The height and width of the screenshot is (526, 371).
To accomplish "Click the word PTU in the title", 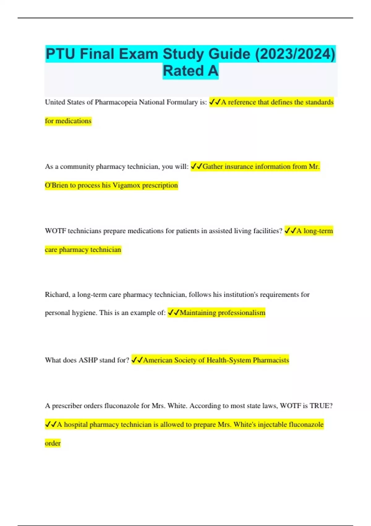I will pyautogui.click(x=60, y=54).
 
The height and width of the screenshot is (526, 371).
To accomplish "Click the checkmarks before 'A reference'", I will pyautogui.click(x=215, y=102).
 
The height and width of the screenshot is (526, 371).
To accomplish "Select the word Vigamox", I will pyautogui.click(x=126, y=185).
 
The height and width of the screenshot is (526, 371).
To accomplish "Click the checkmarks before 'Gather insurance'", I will pyautogui.click(x=196, y=166).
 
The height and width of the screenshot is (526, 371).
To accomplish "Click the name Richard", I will pyautogui.click(x=57, y=295).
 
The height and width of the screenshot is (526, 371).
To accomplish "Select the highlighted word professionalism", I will pyautogui.click(x=241, y=313).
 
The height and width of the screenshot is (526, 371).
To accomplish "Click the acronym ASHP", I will pyautogui.click(x=88, y=360).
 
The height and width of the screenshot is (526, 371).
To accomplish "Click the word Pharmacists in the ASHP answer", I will pyautogui.click(x=271, y=360).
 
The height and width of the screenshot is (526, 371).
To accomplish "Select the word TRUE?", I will pyautogui.click(x=321, y=406).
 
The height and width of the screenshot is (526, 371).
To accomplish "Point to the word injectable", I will pyautogui.click(x=272, y=425).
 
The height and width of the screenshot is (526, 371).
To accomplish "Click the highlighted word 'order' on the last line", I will pyautogui.click(x=53, y=443).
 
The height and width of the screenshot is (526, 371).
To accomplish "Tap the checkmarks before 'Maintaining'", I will pyautogui.click(x=173, y=313).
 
